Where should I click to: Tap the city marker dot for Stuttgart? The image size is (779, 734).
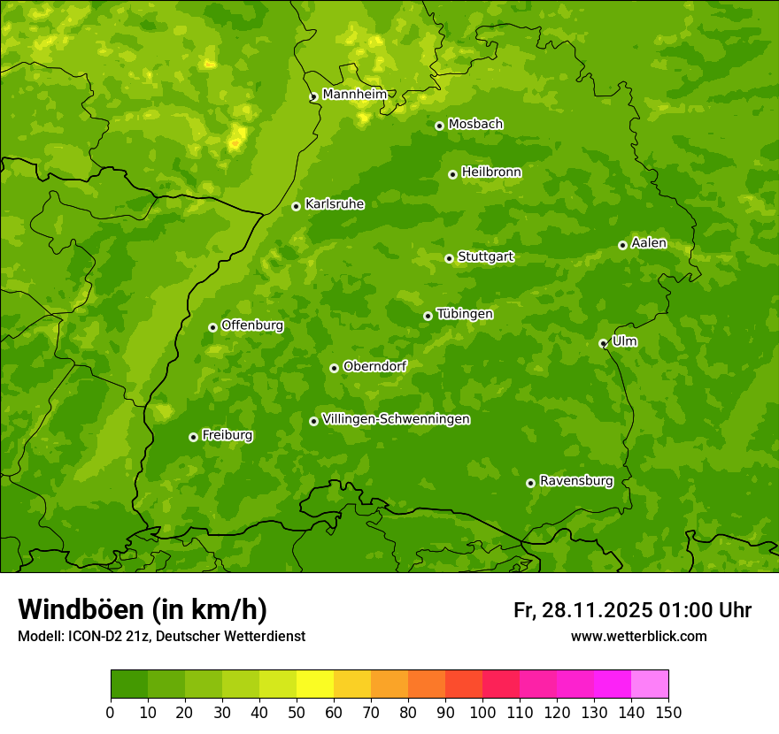coord(449,258)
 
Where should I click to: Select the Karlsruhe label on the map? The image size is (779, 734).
coord(335,204)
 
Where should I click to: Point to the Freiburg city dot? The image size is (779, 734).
coord(193,437)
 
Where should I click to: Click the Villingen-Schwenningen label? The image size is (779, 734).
coord(396,419)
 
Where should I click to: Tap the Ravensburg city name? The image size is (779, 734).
coord(576,481)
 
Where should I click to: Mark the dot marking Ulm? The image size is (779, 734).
coord(603,343)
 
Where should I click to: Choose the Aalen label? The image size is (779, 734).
coord(649,243)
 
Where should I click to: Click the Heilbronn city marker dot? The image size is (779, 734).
coord(452,174)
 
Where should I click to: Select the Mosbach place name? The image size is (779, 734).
coord(475,125)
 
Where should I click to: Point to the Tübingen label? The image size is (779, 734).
coord(465,314)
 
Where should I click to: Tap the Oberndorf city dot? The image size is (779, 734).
coord(334,368)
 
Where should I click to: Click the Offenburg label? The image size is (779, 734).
coord(252,325)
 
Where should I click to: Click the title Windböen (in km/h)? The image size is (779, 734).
coord(143,609)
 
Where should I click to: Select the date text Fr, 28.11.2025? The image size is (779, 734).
coord(582,610)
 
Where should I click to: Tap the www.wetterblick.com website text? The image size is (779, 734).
coord(638,636)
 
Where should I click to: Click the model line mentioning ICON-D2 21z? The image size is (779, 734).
coord(161,636)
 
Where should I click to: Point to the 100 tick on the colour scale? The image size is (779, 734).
coord(482,712)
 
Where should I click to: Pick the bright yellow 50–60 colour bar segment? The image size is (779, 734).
coord(315,684)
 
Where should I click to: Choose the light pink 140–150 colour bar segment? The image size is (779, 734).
coord(650,684)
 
